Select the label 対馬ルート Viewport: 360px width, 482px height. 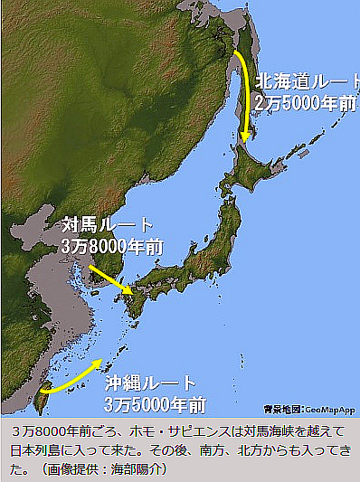click(108, 224)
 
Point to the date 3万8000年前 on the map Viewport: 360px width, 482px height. click(112, 244)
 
